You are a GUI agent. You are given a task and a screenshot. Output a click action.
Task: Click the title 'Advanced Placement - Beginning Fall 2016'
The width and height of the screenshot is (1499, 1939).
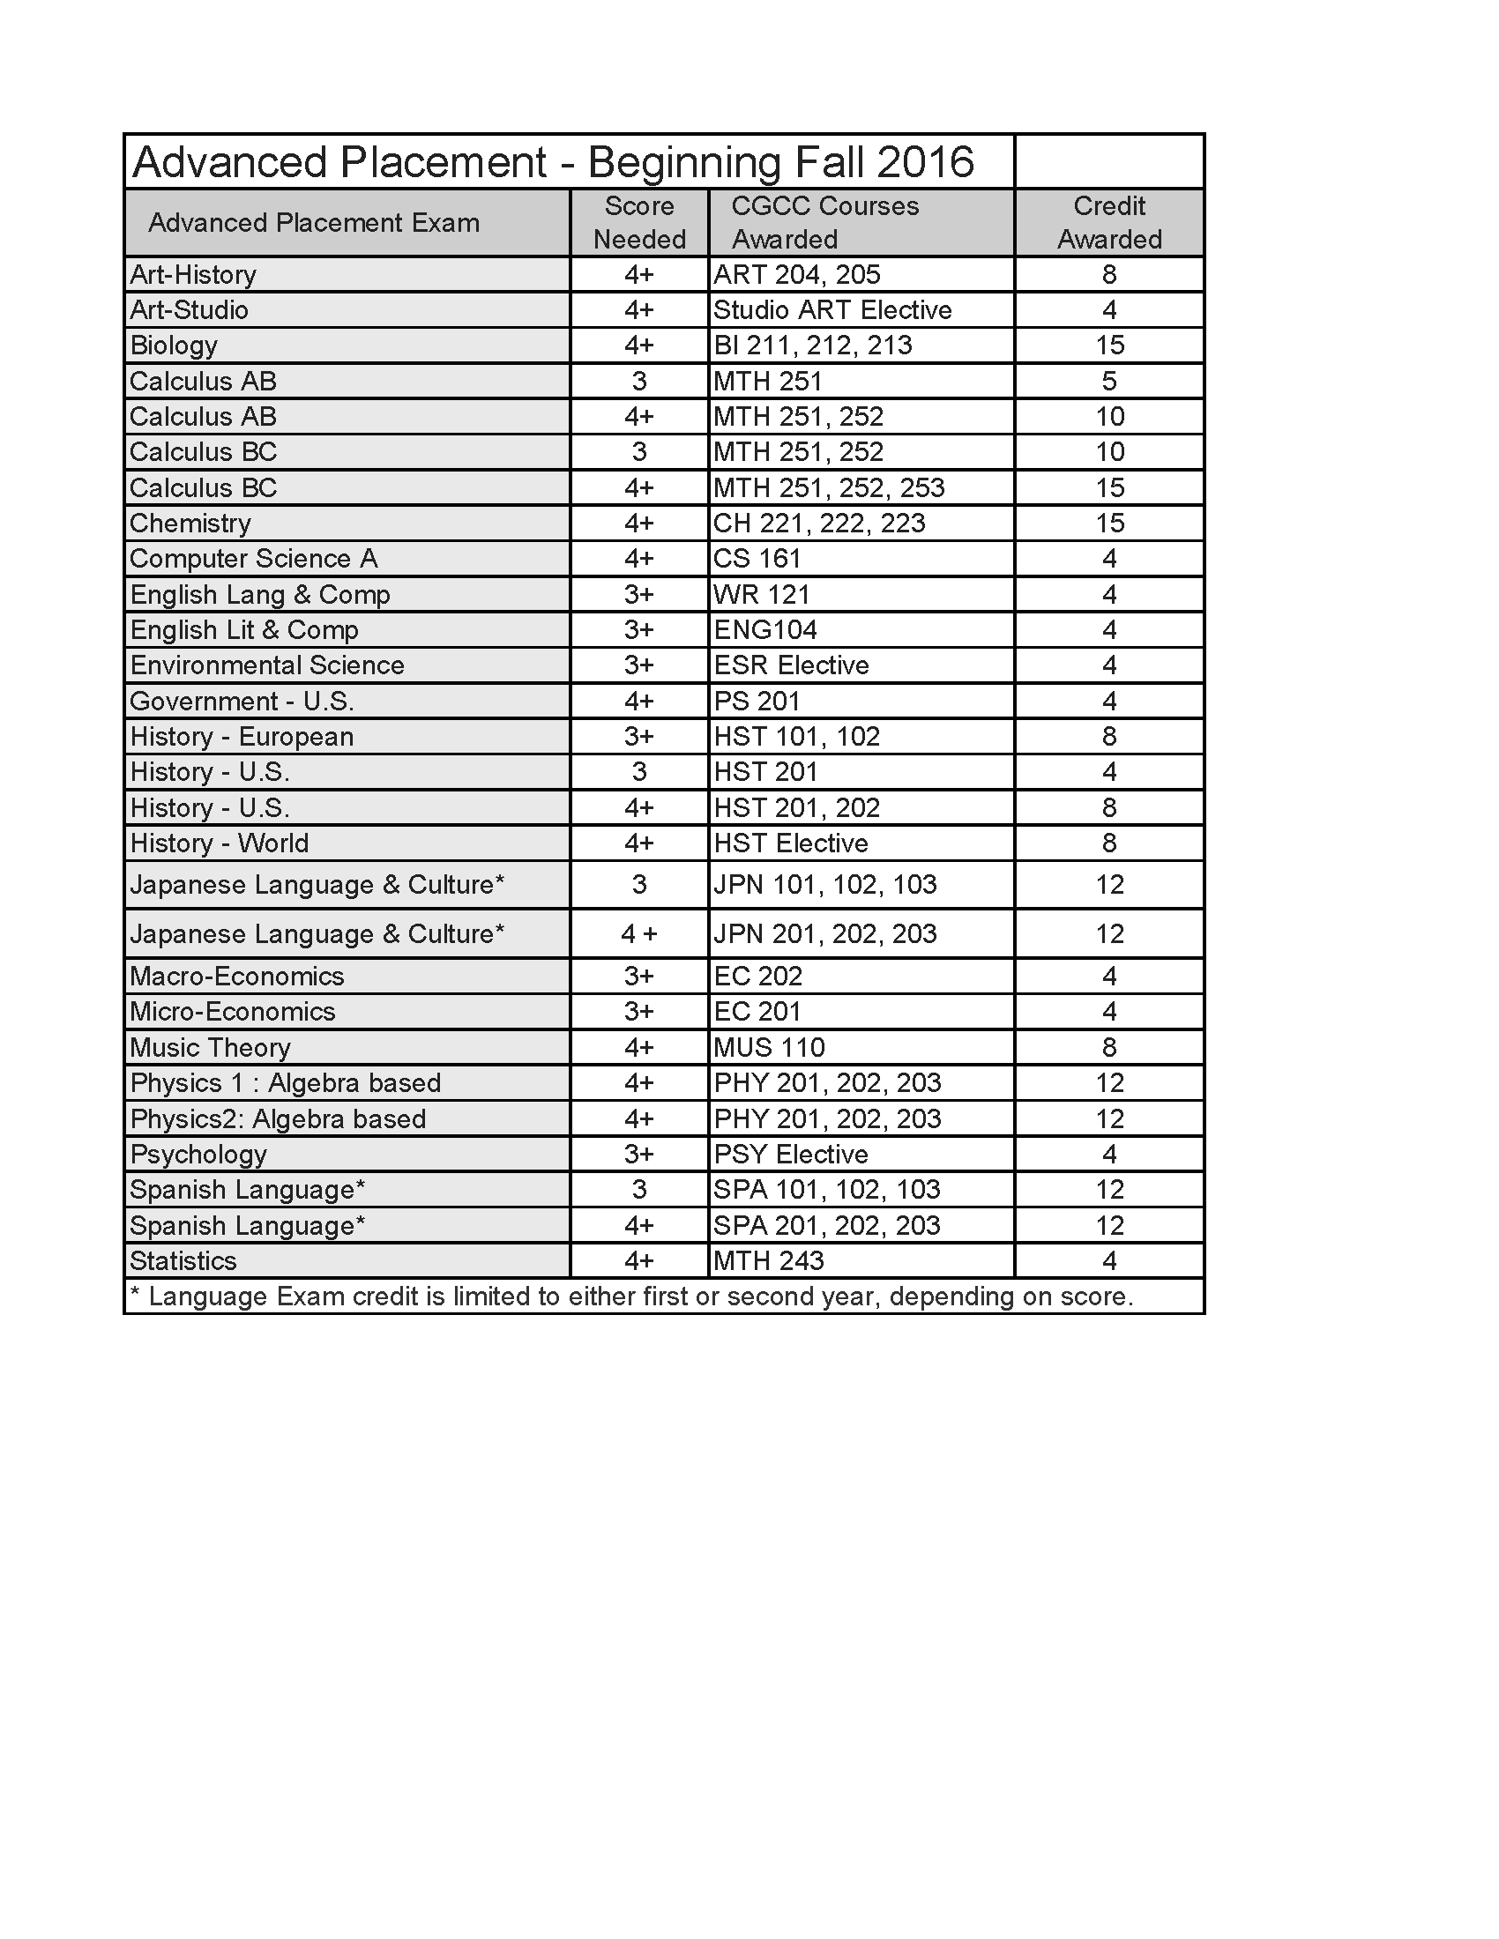coord(552,162)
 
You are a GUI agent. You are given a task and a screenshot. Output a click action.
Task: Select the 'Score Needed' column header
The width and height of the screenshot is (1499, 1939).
coord(639,223)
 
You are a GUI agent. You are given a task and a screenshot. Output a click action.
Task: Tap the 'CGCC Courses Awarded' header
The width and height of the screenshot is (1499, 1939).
coord(824,223)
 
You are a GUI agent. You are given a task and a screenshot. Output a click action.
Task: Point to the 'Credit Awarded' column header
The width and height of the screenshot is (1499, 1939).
coord(1109,223)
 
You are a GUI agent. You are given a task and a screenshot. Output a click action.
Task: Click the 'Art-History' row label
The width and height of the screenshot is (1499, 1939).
coord(194,275)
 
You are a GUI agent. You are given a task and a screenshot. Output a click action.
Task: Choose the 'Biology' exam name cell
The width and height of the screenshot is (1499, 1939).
coord(174,345)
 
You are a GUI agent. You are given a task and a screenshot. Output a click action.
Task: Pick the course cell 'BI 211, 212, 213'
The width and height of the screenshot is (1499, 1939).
coord(813,345)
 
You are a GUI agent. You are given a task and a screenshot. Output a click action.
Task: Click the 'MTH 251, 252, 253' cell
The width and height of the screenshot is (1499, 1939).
coord(829,487)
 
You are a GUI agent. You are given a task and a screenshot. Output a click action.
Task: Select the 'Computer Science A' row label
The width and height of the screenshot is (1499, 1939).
coord(254,559)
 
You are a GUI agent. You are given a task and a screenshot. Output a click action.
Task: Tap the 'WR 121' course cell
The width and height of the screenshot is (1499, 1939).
coord(762,595)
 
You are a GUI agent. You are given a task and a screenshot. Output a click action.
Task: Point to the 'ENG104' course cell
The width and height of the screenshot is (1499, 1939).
coord(765,630)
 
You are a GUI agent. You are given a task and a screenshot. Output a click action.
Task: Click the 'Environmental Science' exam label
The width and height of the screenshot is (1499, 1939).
coord(267,665)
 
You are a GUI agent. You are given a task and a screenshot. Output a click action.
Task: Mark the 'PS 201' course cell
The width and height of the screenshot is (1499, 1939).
coord(757,702)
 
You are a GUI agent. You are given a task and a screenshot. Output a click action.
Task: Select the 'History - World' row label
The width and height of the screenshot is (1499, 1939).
coord(220,843)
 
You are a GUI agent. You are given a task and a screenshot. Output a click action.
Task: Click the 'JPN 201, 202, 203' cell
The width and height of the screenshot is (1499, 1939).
coord(825,934)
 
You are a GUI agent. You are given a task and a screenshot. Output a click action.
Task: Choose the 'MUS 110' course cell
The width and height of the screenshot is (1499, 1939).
coord(769,1048)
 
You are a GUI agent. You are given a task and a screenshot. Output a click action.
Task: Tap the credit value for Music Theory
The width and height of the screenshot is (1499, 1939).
coord(1109,1048)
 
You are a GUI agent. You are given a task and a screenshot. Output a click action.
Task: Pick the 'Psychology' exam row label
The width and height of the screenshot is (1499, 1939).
coord(199,1155)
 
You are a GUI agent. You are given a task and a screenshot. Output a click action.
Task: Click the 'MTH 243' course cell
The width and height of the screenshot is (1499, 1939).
coord(769,1260)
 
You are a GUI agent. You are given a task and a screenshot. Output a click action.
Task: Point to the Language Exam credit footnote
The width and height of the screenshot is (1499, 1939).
coord(631,1296)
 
